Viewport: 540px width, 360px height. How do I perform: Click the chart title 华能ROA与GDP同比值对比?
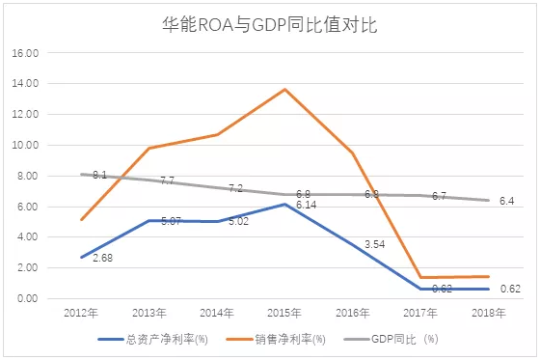click(x=269, y=25)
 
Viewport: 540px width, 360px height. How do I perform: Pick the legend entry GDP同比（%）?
click(x=402, y=339)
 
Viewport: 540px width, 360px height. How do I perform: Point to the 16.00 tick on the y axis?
click(x=25, y=53)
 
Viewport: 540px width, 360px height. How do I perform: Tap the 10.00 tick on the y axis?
click(x=25, y=145)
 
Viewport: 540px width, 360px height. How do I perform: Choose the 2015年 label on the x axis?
click(x=284, y=315)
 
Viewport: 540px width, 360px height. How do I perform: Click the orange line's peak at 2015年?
click(x=285, y=90)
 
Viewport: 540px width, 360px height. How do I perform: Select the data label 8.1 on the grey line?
click(x=99, y=176)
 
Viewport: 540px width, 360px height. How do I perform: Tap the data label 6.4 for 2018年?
click(x=506, y=201)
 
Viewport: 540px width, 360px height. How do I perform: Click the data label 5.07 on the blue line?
click(x=172, y=222)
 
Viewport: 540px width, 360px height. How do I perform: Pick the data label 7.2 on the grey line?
click(x=234, y=189)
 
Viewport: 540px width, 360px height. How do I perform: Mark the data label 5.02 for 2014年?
click(x=239, y=222)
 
